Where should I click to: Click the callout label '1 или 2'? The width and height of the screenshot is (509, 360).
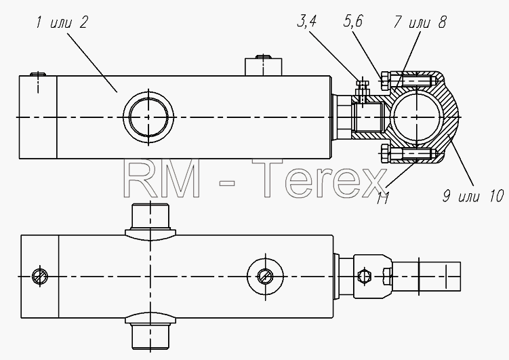coord(62,23)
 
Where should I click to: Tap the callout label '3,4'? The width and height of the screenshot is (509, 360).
coord(307,21)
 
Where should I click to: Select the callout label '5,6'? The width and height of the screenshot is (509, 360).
coord(353,21)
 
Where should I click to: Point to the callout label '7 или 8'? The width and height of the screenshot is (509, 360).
coord(420,22)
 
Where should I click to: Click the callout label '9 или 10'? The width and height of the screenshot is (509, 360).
coord(474,197)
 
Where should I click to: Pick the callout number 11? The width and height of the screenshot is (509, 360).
coord(383,198)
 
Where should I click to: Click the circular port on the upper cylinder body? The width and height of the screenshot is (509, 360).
coord(148,117)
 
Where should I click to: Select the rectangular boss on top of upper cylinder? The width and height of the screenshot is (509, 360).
coord(263,67)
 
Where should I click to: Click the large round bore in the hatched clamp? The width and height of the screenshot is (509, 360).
coord(416,117)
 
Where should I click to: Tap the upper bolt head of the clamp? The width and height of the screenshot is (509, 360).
coord(385,80)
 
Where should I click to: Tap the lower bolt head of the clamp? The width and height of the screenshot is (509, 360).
coord(385,154)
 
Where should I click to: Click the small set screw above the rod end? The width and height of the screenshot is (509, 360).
coord(363,87)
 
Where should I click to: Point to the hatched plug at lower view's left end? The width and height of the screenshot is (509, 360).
coord(40,277)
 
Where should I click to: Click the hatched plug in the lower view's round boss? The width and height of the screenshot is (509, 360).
coord(265,277)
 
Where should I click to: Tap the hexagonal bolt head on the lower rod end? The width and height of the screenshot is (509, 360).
coord(364,277)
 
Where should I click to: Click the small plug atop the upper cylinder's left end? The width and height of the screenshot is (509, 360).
coord(38,74)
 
